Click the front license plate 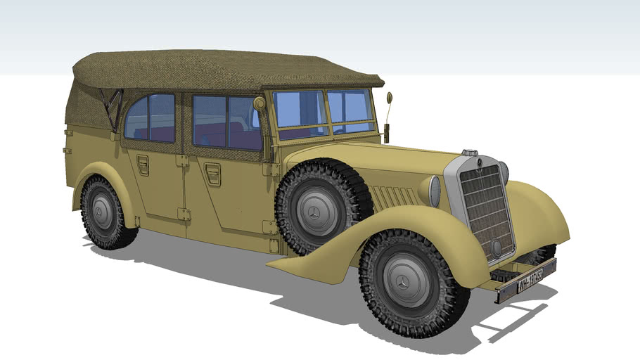coord(525,277)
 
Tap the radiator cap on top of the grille coord(470,153)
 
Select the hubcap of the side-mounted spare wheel coord(314,211)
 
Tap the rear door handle coord(143,165)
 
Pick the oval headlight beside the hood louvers coord(434,191)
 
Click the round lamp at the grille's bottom coord(497,247)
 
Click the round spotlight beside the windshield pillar coord(260,104)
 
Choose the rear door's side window coord(151,117)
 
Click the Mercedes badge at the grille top coord(478,163)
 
